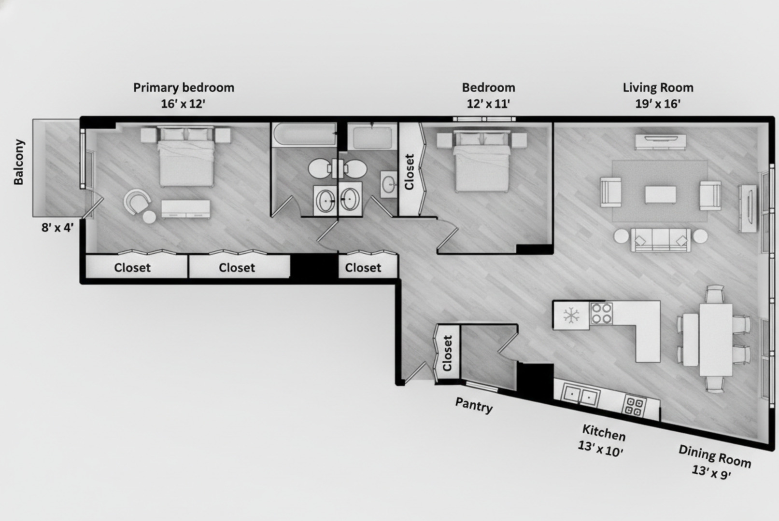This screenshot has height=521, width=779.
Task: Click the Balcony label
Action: [18, 162]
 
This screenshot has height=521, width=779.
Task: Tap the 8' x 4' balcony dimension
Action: [57, 228]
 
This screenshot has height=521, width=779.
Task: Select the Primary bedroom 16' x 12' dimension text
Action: [183, 104]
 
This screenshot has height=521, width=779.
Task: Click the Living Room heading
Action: [658, 87]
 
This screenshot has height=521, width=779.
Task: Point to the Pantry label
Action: [474, 405]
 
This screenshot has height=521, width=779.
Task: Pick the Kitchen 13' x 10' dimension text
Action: [600, 449]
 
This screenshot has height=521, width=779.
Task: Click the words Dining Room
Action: [715, 456]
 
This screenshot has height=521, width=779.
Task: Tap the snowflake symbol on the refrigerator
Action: [571, 315]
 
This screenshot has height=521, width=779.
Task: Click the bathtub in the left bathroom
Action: [304, 134]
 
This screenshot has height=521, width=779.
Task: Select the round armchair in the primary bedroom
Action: [137, 202]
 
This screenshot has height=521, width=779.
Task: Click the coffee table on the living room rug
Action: [660, 194]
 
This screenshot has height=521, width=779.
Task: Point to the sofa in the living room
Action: [660, 240]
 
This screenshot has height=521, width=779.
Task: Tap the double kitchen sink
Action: [581, 395]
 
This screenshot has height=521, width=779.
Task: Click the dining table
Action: [716, 340]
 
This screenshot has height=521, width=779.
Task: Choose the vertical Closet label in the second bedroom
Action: [410, 172]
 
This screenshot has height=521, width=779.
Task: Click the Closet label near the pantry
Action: [447, 353]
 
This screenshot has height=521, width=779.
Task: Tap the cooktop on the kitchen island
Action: [601, 314]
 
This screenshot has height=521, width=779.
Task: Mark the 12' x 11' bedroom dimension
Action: [488, 104]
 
